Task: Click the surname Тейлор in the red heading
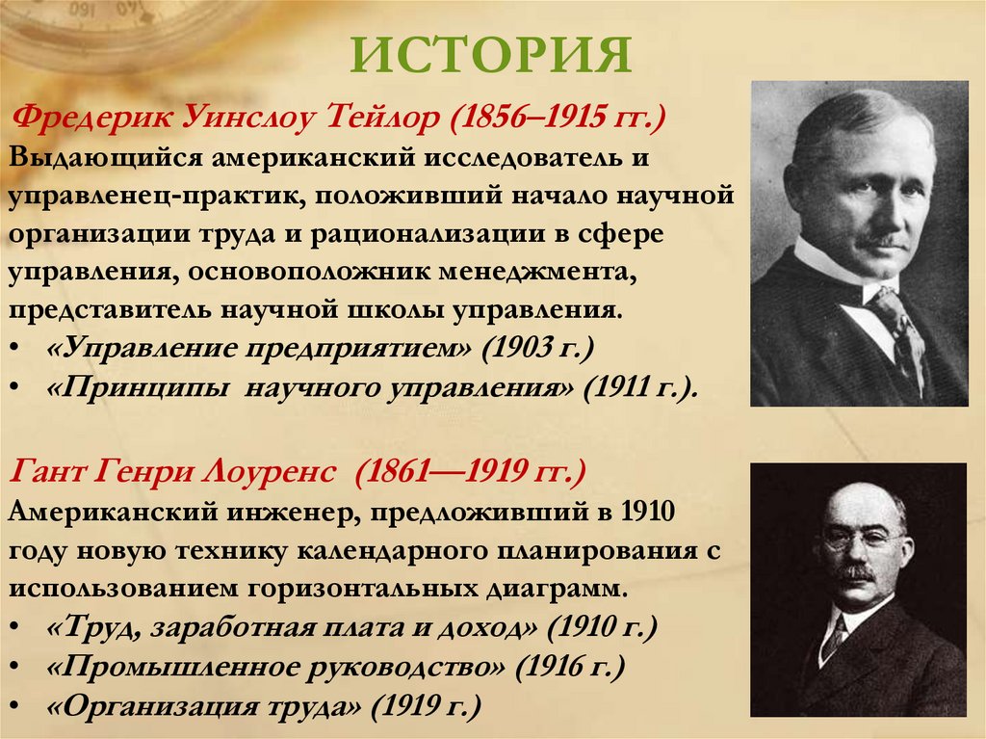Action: coord(389,122)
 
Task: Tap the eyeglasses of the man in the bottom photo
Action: coord(862,536)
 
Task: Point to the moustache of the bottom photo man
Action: coord(855,574)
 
